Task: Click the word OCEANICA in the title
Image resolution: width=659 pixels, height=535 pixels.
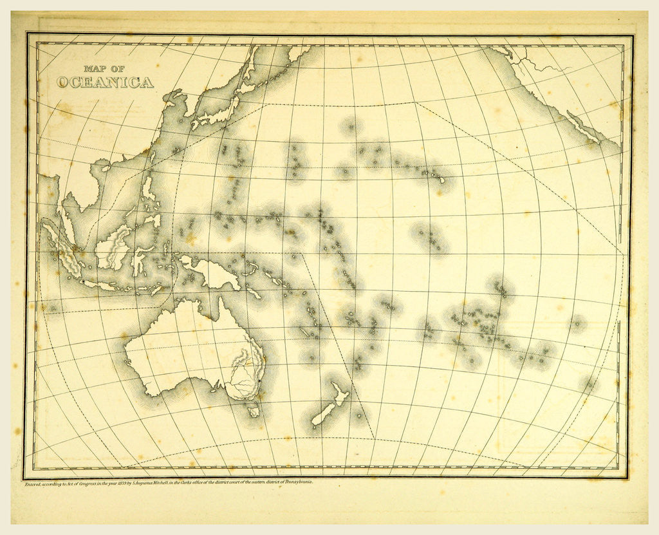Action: coord(105,83)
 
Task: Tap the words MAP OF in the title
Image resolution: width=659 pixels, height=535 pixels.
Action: coord(105,68)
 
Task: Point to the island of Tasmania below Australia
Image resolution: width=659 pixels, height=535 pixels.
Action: coord(254,410)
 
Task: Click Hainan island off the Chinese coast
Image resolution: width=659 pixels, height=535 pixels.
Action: coord(105,169)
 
